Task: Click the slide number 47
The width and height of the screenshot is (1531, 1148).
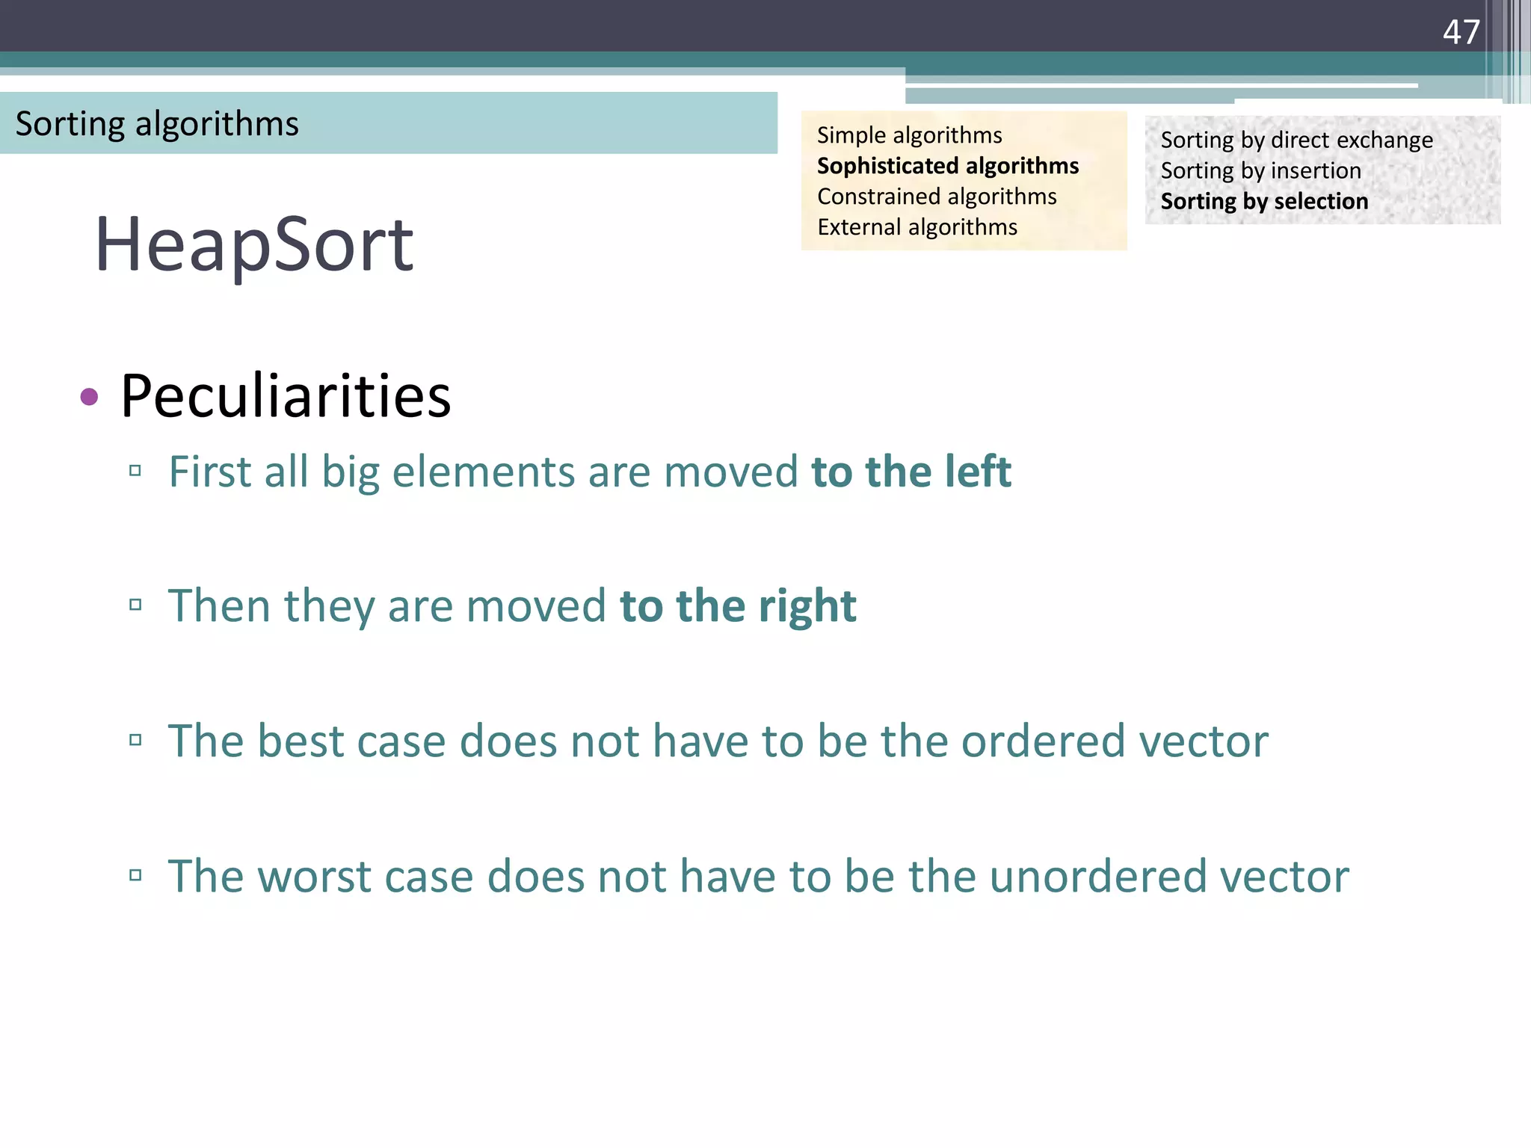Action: click(x=1461, y=32)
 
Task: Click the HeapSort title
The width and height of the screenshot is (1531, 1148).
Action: click(x=253, y=244)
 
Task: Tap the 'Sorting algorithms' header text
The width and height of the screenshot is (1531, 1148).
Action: click(x=157, y=124)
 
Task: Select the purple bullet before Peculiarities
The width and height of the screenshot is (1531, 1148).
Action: click(x=89, y=397)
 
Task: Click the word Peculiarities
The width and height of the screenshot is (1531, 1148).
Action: click(x=286, y=396)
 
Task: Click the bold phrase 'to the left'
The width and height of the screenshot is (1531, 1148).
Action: click(x=911, y=472)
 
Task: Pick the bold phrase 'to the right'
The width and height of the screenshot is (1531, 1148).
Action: click(x=738, y=605)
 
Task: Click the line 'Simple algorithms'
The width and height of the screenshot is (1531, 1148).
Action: click(x=909, y=135)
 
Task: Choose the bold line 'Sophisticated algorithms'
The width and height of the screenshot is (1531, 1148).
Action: click(x=947, y=166)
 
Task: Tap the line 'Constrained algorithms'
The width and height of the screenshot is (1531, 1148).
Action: click(x=937, y=197)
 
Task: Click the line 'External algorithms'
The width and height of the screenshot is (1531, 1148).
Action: click(x=917, y=227)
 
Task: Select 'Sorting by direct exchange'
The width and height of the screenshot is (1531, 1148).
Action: click(x=1296, y=141)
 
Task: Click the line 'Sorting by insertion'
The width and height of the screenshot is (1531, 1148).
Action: click(x=1260, y=171)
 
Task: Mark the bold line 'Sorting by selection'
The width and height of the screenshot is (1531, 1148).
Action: click(x=1264, y=202)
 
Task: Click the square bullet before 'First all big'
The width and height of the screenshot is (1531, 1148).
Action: click(x=135, y=471)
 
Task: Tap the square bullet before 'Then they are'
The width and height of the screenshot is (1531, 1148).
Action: click(x=135, y=605)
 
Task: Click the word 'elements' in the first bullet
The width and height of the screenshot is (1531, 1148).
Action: click(x=483, y=472)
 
